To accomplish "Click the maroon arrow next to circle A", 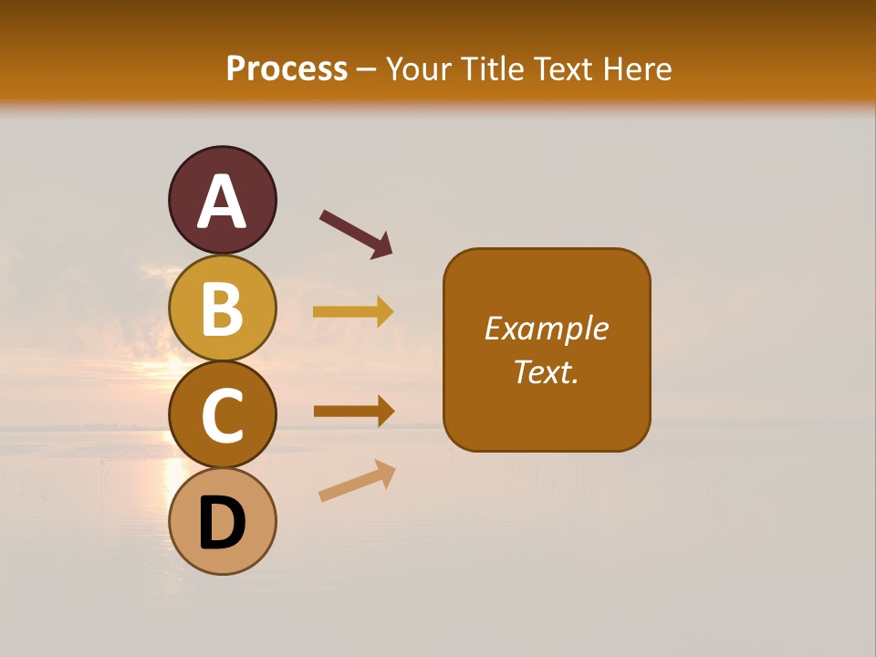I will point(356,233).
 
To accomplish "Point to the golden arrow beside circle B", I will point(353,312).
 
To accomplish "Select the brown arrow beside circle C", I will point(353,411).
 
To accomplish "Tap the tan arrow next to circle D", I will point(357,482).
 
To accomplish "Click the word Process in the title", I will point(287,68).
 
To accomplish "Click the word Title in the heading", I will point(492,68).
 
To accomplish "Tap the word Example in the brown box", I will point(547,328).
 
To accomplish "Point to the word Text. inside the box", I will point(547,371).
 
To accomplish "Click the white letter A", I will point(222,203).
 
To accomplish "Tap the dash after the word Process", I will point(367,70).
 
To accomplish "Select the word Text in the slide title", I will point(566,68).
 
